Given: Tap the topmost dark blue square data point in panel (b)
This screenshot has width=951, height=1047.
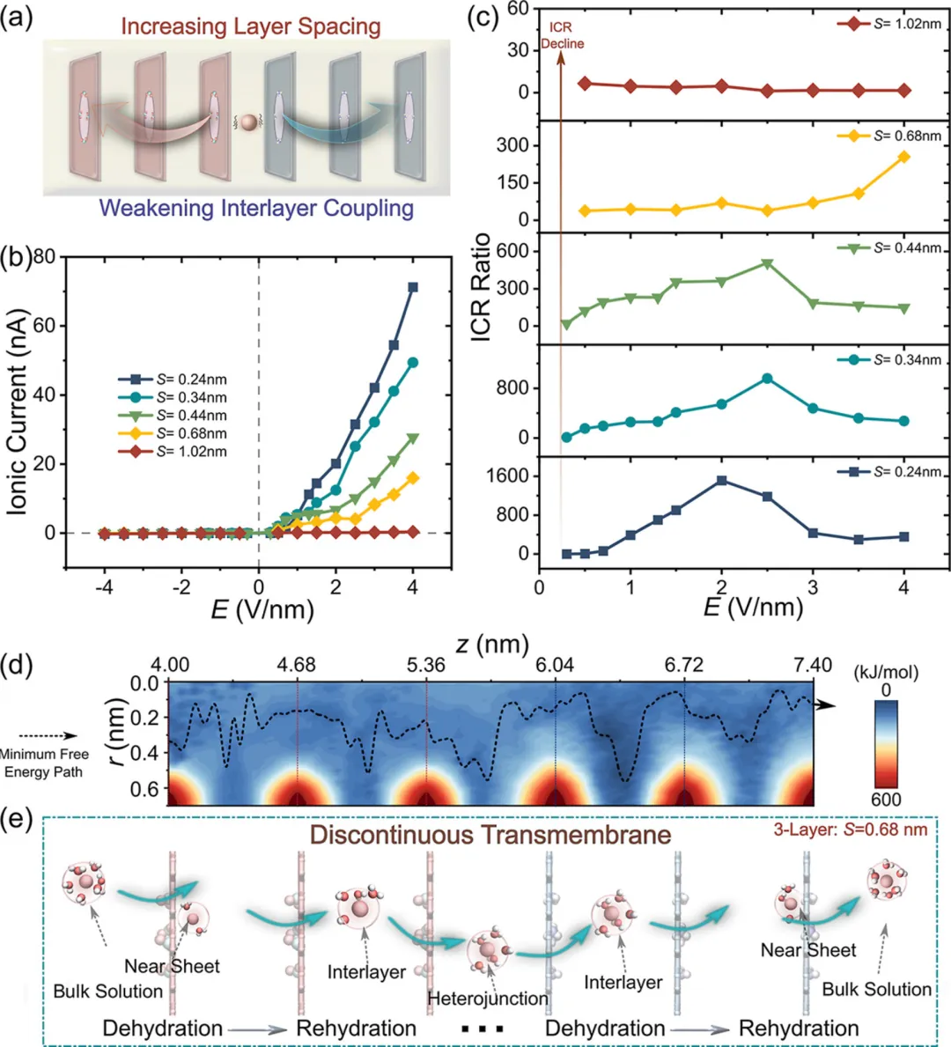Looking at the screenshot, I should (413, 287).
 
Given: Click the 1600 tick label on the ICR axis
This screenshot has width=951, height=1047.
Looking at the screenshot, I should (508, 476).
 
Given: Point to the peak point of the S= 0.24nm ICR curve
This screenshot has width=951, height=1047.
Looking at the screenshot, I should (722, 481).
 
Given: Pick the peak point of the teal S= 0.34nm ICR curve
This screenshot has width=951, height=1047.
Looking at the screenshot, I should (767, 379).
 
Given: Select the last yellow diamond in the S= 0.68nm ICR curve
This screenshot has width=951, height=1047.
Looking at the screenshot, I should (904, 157).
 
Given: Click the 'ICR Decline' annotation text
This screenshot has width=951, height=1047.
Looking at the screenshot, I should (562, 35).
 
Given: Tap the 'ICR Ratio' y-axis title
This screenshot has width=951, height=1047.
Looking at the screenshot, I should (481, 288).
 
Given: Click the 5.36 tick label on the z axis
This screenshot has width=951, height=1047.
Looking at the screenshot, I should (426, 665).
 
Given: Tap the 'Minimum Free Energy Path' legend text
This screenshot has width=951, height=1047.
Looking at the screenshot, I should (43, 763).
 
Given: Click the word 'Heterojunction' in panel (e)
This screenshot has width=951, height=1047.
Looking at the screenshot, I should (488, 999).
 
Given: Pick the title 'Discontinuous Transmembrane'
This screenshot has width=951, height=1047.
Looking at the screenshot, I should (490, 834).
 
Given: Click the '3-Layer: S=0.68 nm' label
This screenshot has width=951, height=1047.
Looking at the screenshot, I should (850, 829).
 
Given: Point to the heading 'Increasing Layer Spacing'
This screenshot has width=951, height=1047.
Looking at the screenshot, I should (251, 26).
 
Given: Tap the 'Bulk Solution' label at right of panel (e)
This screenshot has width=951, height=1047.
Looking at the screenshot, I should (876, 989).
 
